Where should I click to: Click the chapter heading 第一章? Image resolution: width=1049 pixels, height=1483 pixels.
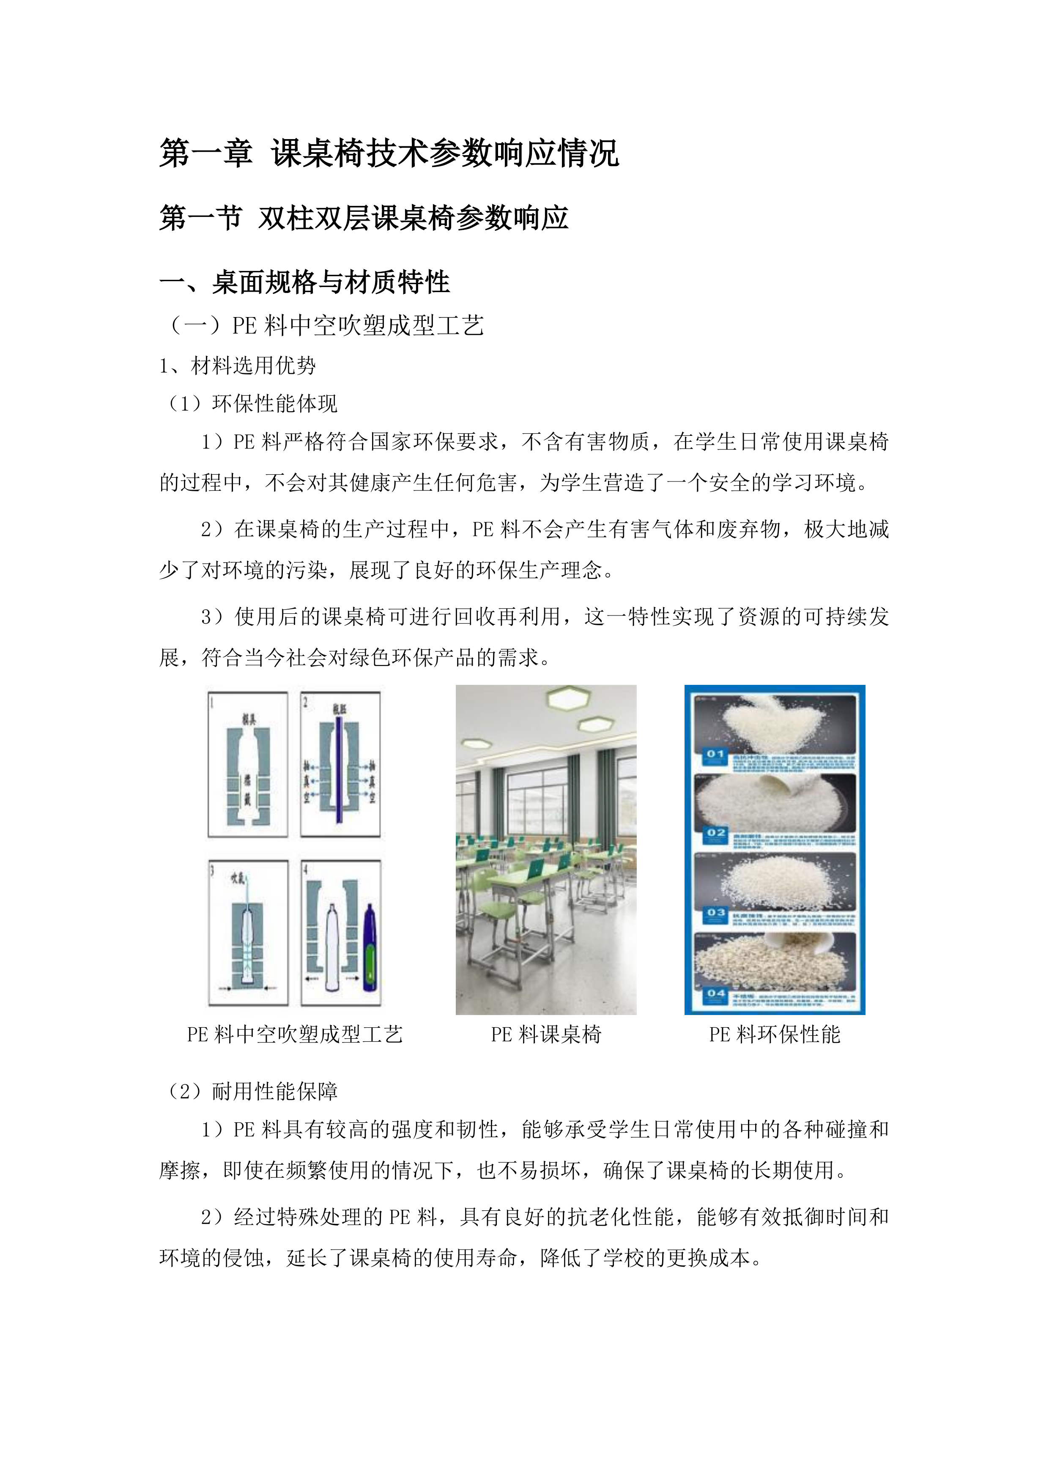pos(205,154)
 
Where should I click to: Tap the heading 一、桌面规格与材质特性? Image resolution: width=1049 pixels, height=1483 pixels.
pos(304,282)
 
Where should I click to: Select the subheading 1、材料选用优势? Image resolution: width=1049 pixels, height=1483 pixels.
pos(237,366)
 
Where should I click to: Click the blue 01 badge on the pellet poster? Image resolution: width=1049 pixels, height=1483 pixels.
pos(715,754)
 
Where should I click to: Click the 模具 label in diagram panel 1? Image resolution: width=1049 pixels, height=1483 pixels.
pos(248,719)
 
